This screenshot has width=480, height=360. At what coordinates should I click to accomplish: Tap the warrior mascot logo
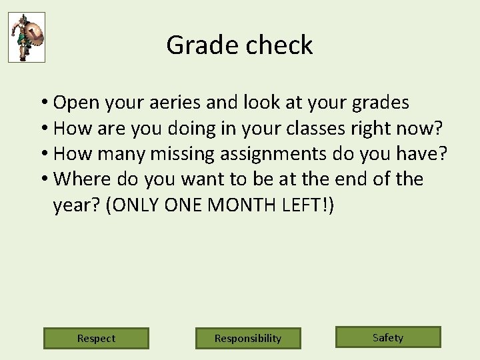27,37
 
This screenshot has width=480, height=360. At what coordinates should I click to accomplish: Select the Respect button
96,338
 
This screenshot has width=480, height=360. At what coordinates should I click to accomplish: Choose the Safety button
388,337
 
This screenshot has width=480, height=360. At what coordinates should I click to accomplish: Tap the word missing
184,153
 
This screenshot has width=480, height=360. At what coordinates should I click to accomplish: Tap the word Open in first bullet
75,103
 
